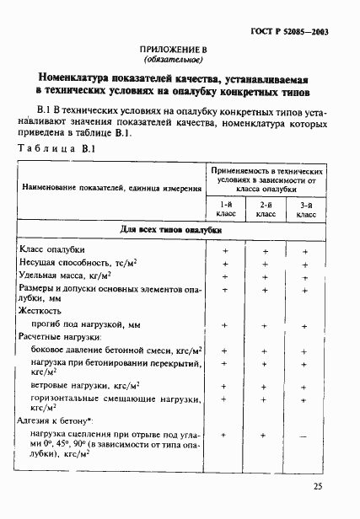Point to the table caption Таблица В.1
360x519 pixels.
[56, 148]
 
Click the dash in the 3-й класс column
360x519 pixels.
[305, 435]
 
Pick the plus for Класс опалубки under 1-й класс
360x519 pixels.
[225, 251]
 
